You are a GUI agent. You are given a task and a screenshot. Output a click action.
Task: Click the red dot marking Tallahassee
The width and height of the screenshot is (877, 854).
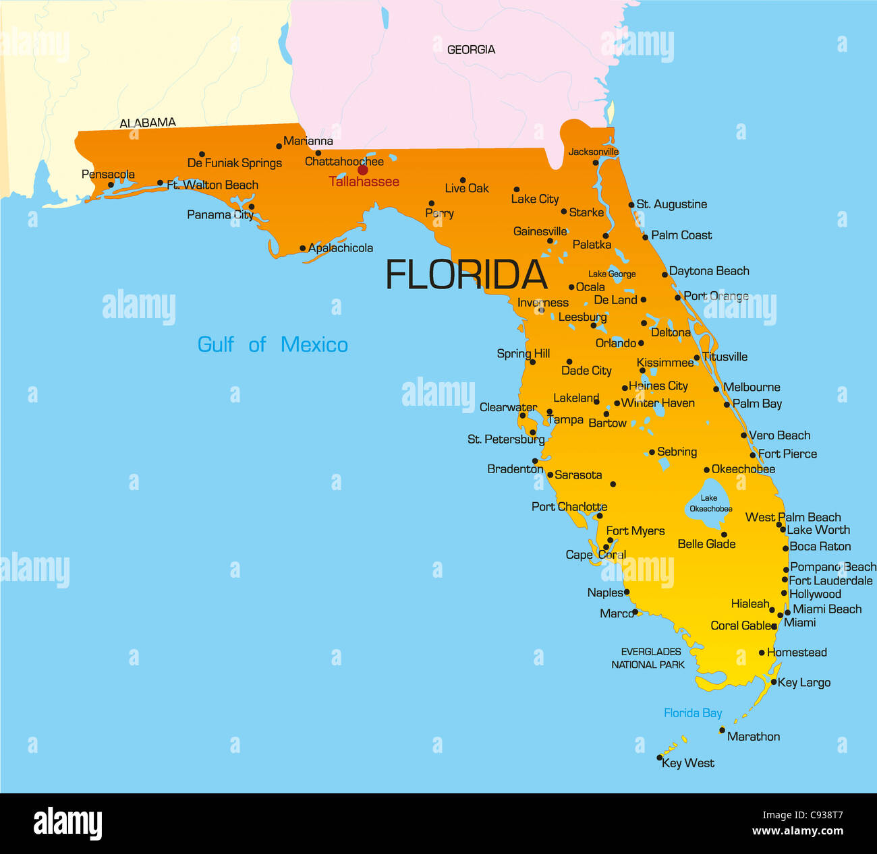point(362,170)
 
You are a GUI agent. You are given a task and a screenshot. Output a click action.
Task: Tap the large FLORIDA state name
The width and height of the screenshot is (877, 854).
point(465,275)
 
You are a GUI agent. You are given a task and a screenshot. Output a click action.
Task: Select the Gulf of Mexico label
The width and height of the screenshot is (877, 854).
point(273,344)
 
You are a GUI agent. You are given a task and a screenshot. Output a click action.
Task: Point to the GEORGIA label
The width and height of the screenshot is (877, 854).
point(471,50)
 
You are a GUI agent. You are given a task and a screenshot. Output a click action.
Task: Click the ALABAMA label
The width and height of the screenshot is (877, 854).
point(148,123)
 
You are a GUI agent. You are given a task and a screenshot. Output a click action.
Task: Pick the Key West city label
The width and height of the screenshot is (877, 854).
point(688,763)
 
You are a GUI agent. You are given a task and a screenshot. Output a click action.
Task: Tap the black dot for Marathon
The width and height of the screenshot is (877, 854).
point(722,730)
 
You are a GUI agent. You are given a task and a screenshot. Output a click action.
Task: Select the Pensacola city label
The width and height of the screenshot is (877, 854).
point(108,175)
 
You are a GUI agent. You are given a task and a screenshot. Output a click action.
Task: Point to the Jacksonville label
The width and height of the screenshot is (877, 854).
point(593,152)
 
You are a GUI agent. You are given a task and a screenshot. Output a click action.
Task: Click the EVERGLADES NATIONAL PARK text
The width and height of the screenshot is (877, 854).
point(649,658)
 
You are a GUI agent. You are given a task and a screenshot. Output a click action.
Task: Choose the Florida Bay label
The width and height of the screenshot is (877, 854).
point(693,713)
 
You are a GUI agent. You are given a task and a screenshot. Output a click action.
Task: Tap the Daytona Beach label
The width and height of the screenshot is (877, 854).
point(709,271)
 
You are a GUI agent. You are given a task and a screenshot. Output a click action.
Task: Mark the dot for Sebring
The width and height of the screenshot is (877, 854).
point(652,452)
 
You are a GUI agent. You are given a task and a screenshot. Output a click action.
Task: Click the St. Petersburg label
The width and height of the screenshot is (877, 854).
point(506,439)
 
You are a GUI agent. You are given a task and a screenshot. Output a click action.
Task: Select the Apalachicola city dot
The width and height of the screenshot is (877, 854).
point(302,248)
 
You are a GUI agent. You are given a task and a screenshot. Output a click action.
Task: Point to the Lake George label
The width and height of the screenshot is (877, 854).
point(612,274)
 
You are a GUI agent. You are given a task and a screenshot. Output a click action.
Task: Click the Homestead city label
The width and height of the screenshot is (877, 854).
point(797,652)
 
